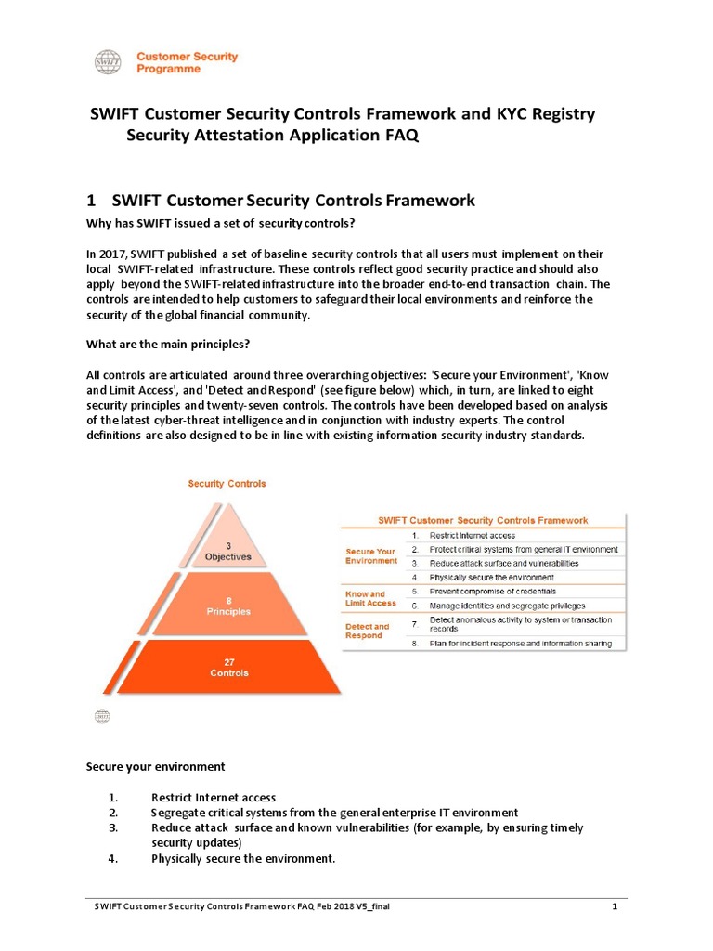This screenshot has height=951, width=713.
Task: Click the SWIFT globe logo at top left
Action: (108, 62)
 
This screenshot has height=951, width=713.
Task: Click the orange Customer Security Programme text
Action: (187, 62)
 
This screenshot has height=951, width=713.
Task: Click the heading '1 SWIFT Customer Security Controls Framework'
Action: (280, 200)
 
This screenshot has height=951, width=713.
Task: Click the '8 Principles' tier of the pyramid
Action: (227, 606)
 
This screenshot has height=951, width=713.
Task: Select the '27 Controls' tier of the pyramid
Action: (227, 667)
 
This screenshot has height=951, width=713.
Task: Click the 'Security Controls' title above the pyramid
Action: (227, 484)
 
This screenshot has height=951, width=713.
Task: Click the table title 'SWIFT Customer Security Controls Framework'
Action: (481, 520)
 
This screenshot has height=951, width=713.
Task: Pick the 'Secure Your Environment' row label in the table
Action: (370, 555)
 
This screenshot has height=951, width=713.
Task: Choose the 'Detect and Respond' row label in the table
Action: (368, 631)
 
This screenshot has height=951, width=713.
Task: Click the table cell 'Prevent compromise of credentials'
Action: (493, 592)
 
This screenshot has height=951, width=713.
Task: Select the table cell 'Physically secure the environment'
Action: (492, 577)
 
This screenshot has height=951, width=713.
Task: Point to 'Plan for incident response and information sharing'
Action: (520, 644)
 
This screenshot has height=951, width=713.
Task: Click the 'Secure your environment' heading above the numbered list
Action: (155, 767)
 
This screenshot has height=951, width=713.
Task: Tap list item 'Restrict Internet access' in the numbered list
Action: (214, 797)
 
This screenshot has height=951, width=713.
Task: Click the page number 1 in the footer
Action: (615, 906)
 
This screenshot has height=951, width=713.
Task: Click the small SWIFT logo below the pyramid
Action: (102, 716)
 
